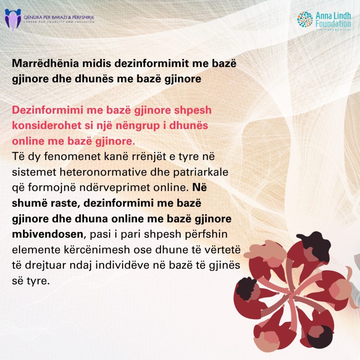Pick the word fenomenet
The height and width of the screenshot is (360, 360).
pyautogui.click(x=72, y=156)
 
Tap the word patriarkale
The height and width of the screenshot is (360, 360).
pyautogui.click(x=201, y=172)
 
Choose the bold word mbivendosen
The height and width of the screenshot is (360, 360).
pyautogui.click(x=47, y=234)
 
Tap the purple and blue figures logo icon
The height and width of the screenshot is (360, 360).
pyautogui.click(x=13, y=20)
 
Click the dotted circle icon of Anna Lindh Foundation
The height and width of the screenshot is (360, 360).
pyautogui.click(x=305, y=20)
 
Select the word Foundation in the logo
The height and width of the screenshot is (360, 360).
pyautogui.click(x=333, y=24)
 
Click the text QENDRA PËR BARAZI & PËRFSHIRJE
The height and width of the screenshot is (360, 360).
pyautogui.click(x=59, y=17)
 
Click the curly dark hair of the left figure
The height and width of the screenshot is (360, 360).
pyautogui.click(x=246, y=288)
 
